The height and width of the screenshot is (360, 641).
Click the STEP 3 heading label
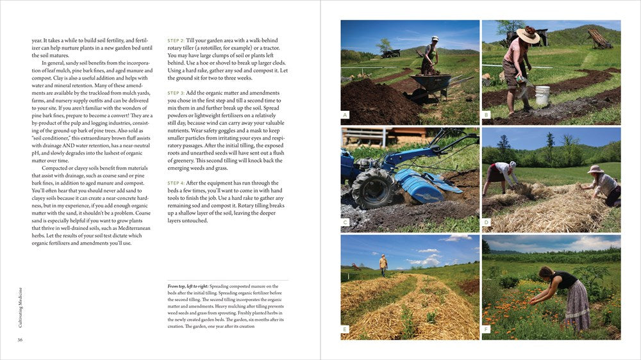176,93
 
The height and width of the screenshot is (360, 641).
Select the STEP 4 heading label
176,183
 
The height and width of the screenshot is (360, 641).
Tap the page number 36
21,340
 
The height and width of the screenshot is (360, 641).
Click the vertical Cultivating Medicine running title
21,307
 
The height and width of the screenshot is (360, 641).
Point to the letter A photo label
345,115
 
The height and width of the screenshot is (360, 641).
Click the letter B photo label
487,115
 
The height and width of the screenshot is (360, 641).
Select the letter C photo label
345,222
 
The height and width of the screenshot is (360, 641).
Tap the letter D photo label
487,222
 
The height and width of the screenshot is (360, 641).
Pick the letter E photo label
345,330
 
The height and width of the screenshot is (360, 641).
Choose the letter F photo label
487,330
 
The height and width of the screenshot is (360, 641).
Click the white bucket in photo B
542,95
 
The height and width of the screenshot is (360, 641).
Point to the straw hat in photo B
528,35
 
